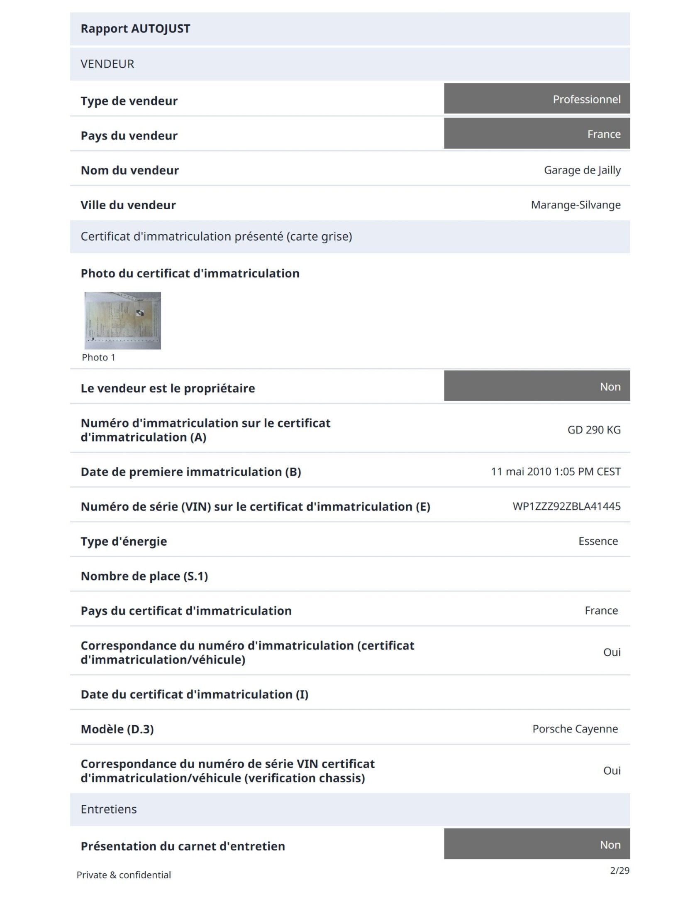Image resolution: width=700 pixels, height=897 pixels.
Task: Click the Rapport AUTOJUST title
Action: tap(135, 29)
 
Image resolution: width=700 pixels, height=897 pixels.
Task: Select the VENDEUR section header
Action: tap(107, 64)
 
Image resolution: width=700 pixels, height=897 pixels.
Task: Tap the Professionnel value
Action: tap(586, 99)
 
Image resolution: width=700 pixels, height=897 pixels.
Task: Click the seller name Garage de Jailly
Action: tap(582, 170)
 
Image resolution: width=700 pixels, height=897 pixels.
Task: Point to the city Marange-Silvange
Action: tap(576, 205)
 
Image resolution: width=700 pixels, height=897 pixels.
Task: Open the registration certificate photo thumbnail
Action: tap(123, 320)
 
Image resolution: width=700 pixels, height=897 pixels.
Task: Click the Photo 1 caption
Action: tap(98, 358)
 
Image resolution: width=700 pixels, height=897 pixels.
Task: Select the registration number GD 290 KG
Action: tap(594, 430)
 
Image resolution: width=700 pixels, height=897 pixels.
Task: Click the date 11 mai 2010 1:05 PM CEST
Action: tap(556, 472)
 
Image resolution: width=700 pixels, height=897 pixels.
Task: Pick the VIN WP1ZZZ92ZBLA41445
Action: tap(566, 506)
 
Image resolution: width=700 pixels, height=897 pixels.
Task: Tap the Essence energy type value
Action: tap(598, 541)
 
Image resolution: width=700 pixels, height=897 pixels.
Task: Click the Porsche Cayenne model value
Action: tap(575, 729)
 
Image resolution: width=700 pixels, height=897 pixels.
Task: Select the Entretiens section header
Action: tap(109, 809)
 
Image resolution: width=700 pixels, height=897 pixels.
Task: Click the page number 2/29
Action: tap(619, 870)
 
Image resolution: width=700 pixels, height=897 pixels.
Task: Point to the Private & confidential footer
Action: tap(124, 875)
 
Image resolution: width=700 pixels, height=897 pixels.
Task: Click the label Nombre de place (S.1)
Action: tap(144, 576)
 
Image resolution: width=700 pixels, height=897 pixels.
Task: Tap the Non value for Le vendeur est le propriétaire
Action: tap(610, 387)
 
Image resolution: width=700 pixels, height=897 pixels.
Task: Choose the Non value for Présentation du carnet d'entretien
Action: tap(610, 845)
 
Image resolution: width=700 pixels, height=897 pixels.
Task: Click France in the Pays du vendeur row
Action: tap(604, 134)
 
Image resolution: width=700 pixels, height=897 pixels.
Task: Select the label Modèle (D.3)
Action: tap(117, 729)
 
